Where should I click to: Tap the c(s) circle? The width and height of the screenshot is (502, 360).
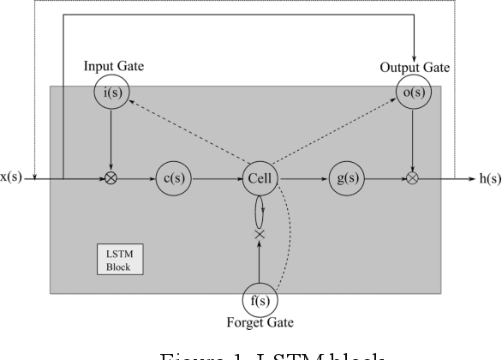[173, 179]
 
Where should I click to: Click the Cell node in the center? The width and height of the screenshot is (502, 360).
[258, 179]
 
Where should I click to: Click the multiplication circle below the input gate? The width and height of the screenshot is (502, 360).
[110, 179]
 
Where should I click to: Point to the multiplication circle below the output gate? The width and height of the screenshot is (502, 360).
[413, 179]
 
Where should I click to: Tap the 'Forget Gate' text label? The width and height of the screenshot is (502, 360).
[260, 323]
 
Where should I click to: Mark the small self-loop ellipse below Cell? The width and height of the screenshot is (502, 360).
[259, 208]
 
